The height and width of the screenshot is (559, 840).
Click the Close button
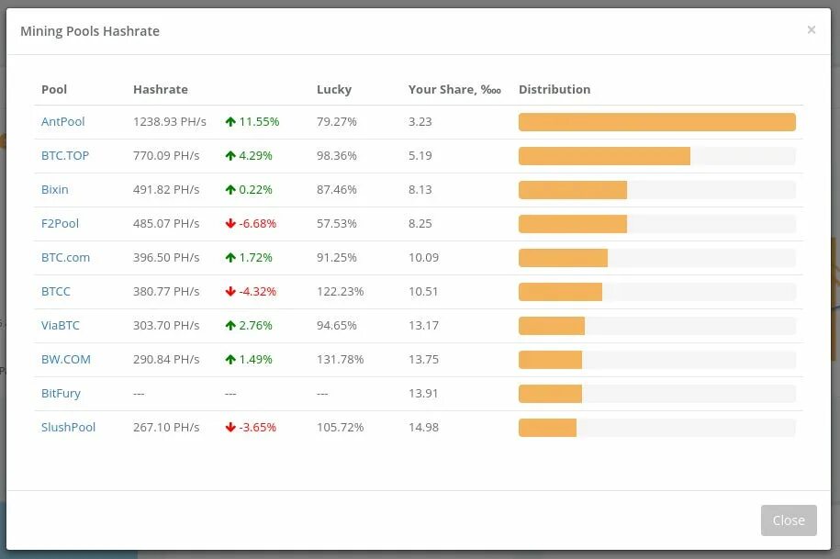pyautogui.click(x=788, y=520)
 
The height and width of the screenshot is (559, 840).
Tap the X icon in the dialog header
pyautogui.click(x=811, y=30)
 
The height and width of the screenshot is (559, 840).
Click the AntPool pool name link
pyautogui.click(x=62, y=121)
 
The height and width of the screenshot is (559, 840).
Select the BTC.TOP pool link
pyautogui.click(x=65, y=155)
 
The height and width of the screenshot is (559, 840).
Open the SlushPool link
pyautogui.click(x=68, y=427)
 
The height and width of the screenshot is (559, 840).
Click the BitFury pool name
pyautogui.click(x=61, y=393)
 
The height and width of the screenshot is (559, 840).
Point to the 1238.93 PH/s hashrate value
pyautogui.click(x=170, y=121)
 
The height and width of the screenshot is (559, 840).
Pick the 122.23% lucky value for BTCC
pyautogui.click(x=340, y=291)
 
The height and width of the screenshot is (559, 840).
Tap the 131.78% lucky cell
pyautogui.click(x=340, y=359)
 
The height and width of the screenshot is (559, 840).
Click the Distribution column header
pyautogui.click(x=554, y=89)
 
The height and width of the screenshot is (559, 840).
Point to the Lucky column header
pyautogui.click(x=334, y=89)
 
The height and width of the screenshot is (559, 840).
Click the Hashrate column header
pyautogui.click(x=160, y=89)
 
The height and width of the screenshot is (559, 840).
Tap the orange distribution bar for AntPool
pyautogui.click(x=656, y=122)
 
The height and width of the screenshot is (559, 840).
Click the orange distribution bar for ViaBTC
pyautogui.click(x=552, y=326)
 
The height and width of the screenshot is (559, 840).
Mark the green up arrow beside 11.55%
pyautogui.click(x=230, y=121)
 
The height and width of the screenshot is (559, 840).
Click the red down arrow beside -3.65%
pyautogui.click(x=230, y=427)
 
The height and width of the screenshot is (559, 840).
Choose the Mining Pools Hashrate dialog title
pyautogui.click(x=90, y=31)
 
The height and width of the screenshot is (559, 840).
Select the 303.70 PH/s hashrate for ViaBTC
pyautogui.click(x=166, y=325)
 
